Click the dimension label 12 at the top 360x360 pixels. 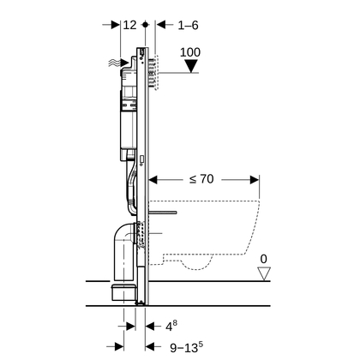[130, 26]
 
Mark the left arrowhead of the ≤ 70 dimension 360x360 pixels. [154, 180]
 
